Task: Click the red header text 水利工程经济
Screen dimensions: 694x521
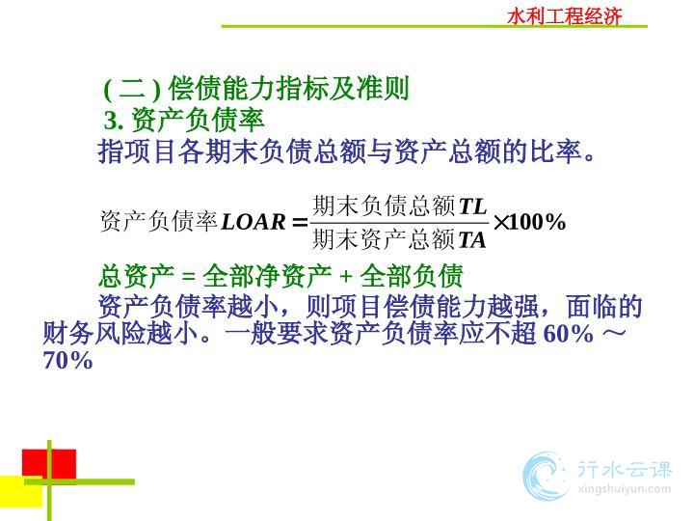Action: [565, 16]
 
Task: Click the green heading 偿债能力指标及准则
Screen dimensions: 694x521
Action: [288, 88]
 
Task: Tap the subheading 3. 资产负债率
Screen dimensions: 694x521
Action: [184, 120]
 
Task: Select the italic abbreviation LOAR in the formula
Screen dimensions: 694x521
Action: [254, 222]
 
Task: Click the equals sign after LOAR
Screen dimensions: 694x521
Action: [300, 223]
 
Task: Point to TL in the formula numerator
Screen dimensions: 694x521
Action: [472, 206]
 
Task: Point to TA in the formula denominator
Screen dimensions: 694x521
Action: [471, 240]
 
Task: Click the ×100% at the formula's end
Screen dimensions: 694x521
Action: [529, 222]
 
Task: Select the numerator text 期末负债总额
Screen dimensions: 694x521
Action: [384, 206]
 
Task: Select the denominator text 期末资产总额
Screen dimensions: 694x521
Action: [384, 239]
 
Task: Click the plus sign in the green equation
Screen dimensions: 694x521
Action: [346, 277]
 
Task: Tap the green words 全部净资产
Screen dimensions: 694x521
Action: [267, 276]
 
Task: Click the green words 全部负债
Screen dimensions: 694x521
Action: [412, 276]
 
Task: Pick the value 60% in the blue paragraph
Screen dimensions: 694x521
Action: [568, 333]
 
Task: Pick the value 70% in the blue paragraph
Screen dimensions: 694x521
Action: [67, 360]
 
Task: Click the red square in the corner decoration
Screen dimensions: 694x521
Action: [49, 464]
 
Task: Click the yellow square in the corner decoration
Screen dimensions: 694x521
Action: [21, 492]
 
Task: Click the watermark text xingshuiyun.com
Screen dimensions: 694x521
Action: [625, 489]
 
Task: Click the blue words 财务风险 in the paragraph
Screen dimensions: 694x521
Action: [94, 333]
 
